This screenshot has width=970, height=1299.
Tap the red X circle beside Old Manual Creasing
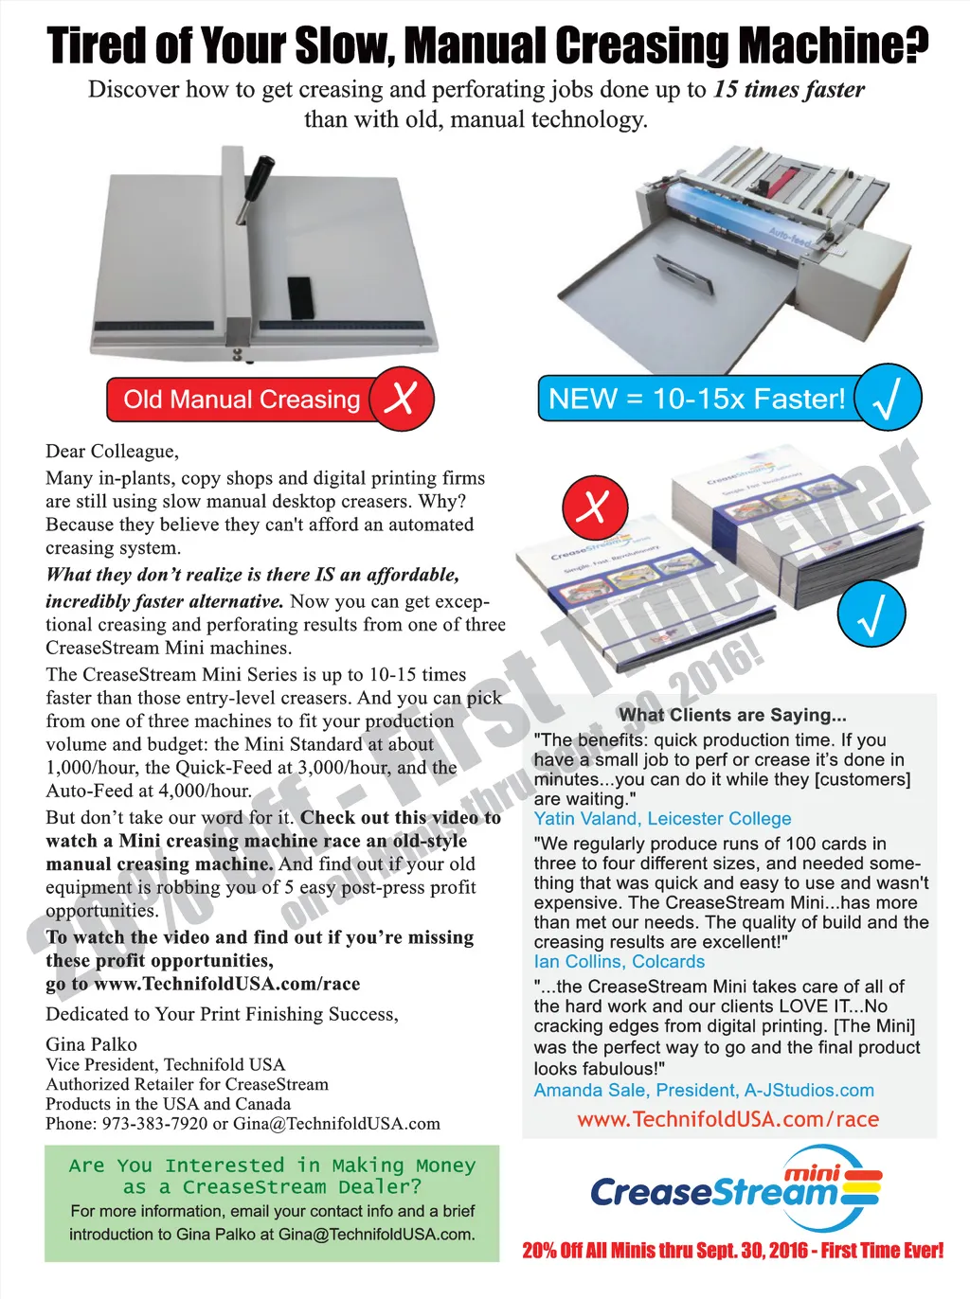click(x=402, y=399)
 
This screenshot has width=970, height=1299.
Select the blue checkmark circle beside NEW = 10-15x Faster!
click(x=888, y=397)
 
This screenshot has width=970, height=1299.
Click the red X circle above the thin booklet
click(x=595, y=507)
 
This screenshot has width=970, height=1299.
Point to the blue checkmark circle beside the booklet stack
click(x=871, y=614)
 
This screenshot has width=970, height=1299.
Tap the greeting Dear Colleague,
click(x=113, y=453)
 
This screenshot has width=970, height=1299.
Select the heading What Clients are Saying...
click(x=732, y=715)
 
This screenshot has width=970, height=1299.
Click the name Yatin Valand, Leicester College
click(x=662, y=818)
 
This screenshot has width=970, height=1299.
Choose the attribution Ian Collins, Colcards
click(x=620, y=962)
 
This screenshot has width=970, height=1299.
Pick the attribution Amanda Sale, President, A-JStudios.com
click(x=704, y=1090)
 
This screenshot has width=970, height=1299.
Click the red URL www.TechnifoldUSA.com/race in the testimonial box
click(x=727, y=1119)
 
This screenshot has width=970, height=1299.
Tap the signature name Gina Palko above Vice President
click(x=91, y=1044)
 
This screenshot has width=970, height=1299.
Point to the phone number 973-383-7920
click(x=155, y=1124)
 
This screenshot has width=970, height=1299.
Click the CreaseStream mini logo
click(x=737, y=1189)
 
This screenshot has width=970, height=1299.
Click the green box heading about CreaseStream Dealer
click(x=272, y=1176)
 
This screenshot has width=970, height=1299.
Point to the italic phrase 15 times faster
click(x=789, y=90)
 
